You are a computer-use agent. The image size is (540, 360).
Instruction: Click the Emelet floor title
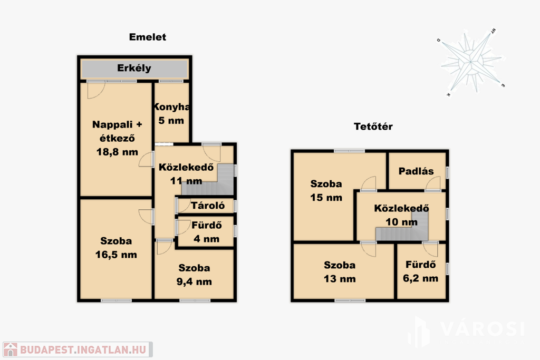coord(148,37)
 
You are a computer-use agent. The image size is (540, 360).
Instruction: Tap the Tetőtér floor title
coord(373,127)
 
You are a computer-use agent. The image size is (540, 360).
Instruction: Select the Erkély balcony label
coord(134,68)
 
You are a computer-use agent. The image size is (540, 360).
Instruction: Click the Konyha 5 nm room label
coord(171,113)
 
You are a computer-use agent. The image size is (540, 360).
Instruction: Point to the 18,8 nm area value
coord(117,152)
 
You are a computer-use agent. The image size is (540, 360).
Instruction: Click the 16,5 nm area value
coord(116,255)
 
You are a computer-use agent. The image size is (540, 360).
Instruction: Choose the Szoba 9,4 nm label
coord(194,275)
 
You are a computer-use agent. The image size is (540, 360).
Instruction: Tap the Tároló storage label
coord(208,206)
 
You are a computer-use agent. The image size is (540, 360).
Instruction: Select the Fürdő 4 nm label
coord(207,232)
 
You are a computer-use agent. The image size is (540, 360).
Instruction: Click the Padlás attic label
coord(416,171)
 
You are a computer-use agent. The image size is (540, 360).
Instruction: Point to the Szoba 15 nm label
coord(326,191)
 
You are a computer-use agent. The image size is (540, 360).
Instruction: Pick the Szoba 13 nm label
coord(340,272)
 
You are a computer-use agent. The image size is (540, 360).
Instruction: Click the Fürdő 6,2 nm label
coord(420,271)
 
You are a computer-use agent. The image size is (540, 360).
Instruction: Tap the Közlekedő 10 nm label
coord(401,215)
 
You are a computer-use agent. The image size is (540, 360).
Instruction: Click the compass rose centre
coord(470,62)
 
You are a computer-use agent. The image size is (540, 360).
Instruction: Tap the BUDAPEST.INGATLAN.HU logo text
coord(83,349)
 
